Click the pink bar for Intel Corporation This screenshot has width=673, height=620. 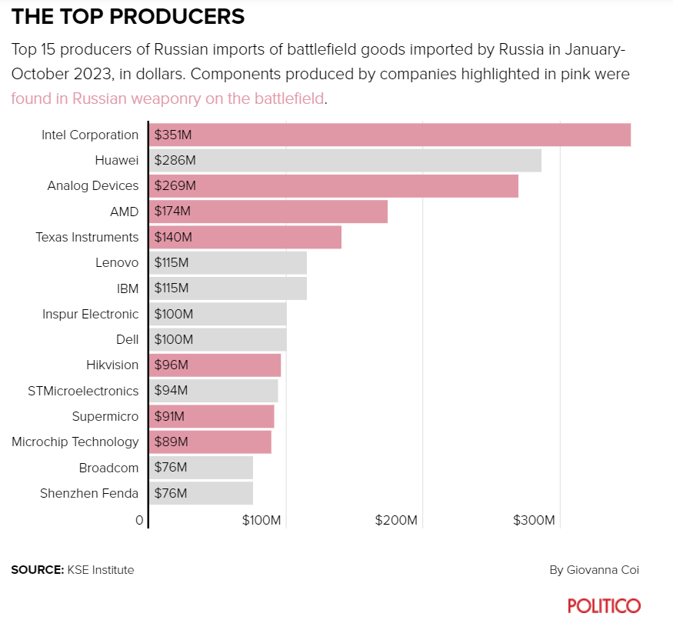point(389,135)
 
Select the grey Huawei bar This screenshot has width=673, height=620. point(345,160)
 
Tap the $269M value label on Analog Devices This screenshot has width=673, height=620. point(175,186)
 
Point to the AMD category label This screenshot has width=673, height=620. point(124,212)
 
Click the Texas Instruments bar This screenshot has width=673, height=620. point(245,237)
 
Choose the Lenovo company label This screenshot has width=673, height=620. point(117,262)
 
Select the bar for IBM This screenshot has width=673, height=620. point(228,288)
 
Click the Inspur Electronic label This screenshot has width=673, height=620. point(91,314)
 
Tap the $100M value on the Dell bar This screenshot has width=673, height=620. point(174,339)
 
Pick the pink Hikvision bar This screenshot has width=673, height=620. point(215,365)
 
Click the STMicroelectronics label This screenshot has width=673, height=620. point(83,391)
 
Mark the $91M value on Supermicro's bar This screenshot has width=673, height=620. point(171,416)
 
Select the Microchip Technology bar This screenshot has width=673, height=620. point(209,442)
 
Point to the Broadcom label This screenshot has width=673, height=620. point(108,468)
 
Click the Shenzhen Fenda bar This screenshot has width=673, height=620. point(201,493)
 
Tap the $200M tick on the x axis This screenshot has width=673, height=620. point(396,521)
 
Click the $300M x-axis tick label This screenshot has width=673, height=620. point(534,521)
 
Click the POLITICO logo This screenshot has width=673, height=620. point(604,605)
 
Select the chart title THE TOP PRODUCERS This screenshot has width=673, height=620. point(128,16)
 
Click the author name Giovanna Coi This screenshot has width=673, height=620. point(603,570)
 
